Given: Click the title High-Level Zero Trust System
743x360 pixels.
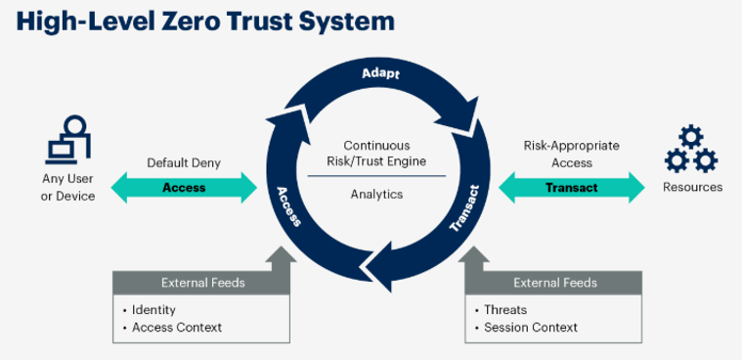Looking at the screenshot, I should [205, 21].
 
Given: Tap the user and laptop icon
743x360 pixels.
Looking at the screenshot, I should [68, 139].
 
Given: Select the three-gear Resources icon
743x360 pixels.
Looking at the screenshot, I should [691, 150].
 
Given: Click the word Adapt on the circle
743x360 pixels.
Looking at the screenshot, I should [379, 74].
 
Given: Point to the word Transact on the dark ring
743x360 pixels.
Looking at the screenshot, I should [465, 208].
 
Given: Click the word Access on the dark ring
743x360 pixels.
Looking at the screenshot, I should [289, 205].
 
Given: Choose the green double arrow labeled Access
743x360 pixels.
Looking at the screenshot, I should [184, 188].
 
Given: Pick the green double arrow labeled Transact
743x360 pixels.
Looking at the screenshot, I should [572, 188].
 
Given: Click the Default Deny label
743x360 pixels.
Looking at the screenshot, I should [184, 163].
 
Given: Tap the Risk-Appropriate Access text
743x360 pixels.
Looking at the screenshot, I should [572, 155].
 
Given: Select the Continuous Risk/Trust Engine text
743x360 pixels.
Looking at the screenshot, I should [376, 154].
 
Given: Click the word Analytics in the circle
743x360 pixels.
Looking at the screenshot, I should [376, 195].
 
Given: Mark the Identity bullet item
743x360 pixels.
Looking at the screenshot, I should [153, 310].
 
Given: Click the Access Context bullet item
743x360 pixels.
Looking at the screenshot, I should [177, 328].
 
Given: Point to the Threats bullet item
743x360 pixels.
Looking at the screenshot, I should [505, 310].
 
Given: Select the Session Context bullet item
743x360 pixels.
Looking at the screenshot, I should [531, 328].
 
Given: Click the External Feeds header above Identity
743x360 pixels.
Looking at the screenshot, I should [203, 283].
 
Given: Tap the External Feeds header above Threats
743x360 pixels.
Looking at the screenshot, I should [554, 283].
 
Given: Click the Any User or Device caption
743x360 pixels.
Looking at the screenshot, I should [68, 187].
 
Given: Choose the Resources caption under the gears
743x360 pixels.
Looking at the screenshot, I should [692, 187].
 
